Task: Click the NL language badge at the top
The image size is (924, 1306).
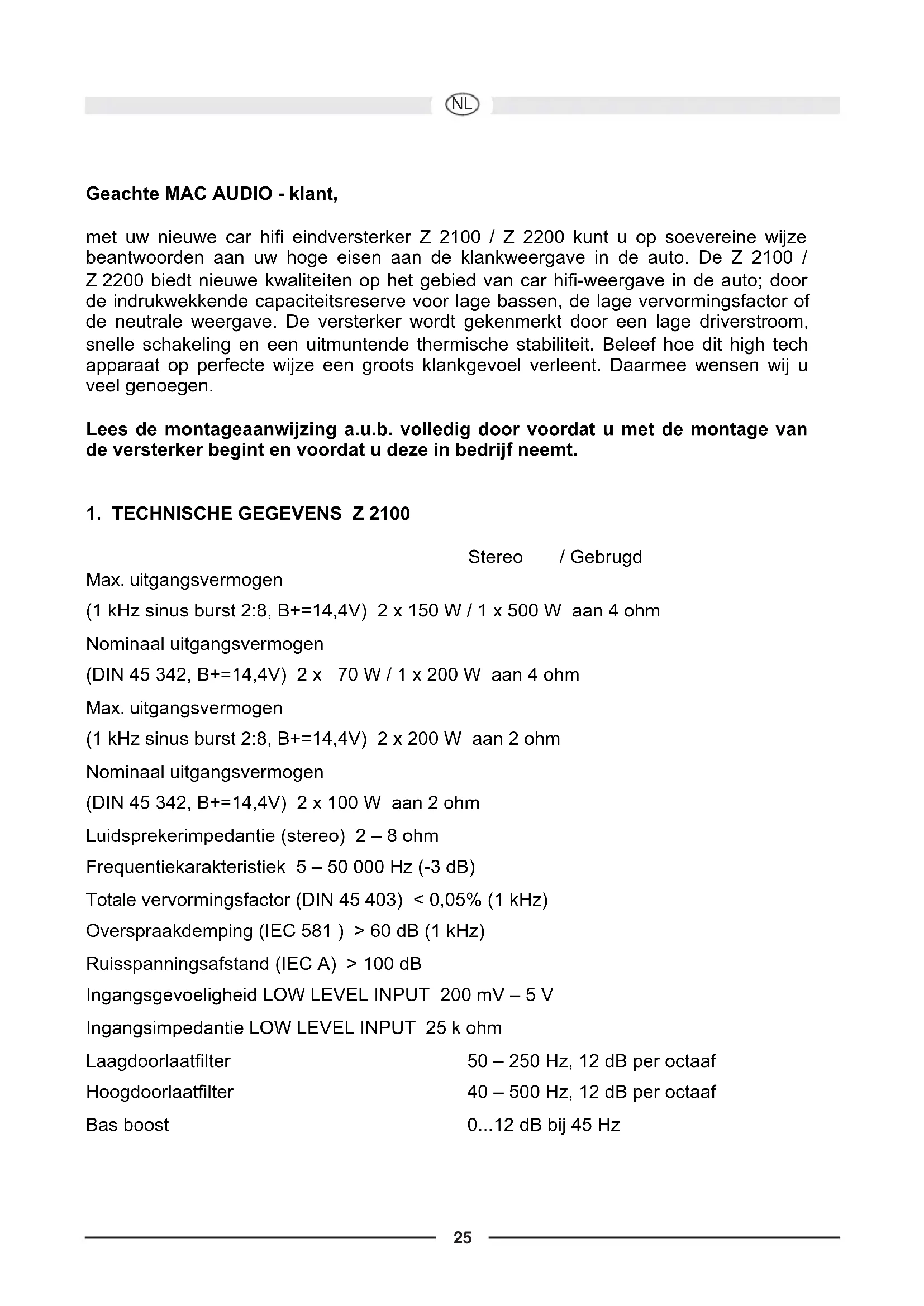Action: pos(463,104)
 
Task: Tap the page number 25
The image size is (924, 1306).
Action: pos(463,1238)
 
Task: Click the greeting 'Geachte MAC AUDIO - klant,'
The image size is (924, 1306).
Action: pos(212,194)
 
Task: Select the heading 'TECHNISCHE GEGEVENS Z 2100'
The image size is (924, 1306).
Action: pos(260,514)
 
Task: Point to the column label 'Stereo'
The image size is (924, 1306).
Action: pos(495,557)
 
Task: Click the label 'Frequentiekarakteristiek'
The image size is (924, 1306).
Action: pos(185,867)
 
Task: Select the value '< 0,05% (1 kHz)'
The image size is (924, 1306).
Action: pos(481,900)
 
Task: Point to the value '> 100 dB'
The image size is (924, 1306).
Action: pos(384,964)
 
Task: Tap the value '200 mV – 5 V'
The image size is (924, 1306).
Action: pos(496,995)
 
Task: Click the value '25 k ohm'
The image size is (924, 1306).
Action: pos(464,1028)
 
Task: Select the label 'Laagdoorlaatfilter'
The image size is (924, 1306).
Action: pos(158,1061)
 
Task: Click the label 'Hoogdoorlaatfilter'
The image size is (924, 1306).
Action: pos(159,1092)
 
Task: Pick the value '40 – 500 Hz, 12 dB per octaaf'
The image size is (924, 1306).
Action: pos(591,1092)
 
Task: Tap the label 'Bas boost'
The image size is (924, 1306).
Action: pos(127,1125)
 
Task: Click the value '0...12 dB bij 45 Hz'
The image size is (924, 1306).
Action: pos(544,1125)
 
